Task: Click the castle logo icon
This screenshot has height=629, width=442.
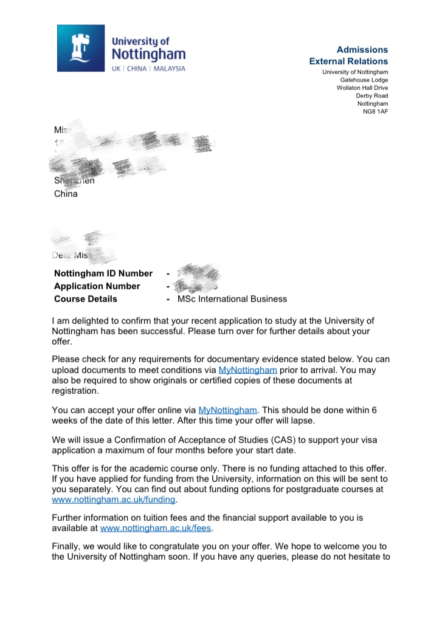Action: coord(81,49)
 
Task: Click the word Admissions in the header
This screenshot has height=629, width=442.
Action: coord(362,49)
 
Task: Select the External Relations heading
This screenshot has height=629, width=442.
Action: coord(348,61)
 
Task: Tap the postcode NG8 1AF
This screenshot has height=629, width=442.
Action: coord(375,111)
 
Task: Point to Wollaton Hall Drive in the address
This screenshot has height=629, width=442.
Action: coord(362,88)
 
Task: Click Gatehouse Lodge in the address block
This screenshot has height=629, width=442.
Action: coord(364,80)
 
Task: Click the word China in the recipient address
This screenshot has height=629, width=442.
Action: coord(66,195)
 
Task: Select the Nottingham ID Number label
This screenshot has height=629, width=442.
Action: coord(103,273)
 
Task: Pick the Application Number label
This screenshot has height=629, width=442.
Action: coord(97,286)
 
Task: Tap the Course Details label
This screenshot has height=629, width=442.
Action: coord(86,299)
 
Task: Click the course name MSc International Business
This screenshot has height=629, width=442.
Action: coord(232,299)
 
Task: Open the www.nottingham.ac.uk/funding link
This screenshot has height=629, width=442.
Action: coord(114,500)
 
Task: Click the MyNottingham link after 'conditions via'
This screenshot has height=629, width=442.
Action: coord(247,369)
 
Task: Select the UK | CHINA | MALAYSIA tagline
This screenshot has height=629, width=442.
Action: coord(148,69)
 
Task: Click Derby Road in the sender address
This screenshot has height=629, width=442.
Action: coord(372,96)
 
